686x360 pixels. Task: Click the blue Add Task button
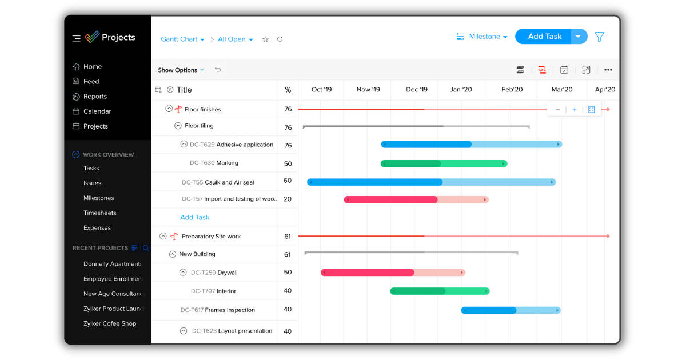544,37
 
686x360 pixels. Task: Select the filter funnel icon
599,37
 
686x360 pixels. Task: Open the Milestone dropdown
482,37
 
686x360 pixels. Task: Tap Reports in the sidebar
95,97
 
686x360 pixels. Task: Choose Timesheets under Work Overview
99,213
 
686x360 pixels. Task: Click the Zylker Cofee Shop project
110,323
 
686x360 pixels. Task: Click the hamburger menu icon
76,38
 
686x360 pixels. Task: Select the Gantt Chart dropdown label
182,39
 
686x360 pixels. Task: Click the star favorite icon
265,39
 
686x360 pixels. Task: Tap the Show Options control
181,70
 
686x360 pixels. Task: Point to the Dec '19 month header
416,89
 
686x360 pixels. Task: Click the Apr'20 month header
605,89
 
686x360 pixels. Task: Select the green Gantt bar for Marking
444,163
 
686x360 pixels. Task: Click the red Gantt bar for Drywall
393,273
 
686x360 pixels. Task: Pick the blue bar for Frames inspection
510,310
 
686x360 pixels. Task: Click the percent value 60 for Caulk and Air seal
288,181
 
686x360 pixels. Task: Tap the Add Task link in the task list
195,217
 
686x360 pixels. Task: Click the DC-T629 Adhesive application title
231,145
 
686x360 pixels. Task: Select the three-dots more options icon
608,70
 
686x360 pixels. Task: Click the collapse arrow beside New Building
173,254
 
